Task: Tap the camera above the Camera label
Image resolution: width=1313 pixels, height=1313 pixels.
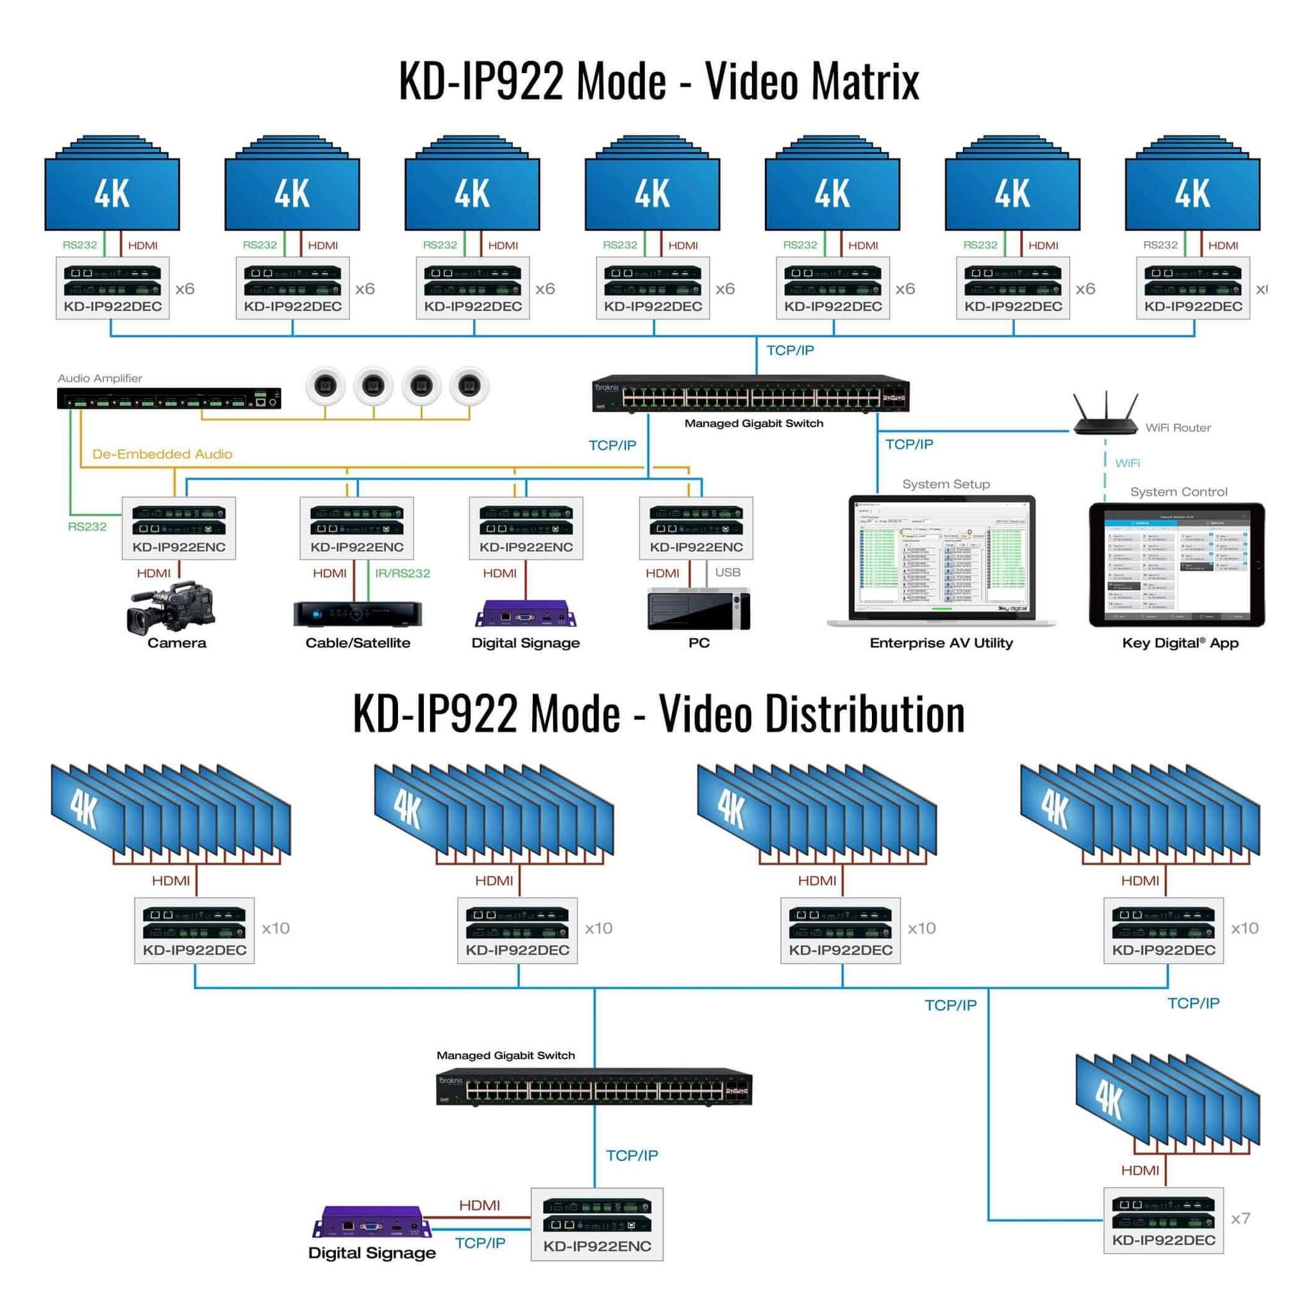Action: (171, 606)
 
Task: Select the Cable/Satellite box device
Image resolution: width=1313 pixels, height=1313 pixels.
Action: (358, 613)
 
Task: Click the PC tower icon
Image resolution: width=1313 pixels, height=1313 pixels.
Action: (699, 610)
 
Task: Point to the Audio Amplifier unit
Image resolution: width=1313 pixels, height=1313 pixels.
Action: (169, 398)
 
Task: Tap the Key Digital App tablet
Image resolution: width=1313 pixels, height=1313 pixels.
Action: (1176, 565)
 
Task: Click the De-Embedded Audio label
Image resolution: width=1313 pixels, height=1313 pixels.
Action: (162, 454)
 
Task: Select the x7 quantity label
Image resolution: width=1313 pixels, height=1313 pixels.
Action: (1241, 1219)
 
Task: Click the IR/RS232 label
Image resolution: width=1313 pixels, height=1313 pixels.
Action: (403, 573)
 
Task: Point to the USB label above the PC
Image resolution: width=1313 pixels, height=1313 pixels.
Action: (727, 573)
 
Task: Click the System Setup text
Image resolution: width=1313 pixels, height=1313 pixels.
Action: (946, 484)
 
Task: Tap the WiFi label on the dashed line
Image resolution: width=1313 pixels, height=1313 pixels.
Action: (1128, 463)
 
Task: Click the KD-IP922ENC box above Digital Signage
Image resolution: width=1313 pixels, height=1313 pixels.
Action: (526, 528)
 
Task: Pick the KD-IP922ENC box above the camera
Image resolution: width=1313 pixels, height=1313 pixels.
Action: (179, 528)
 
